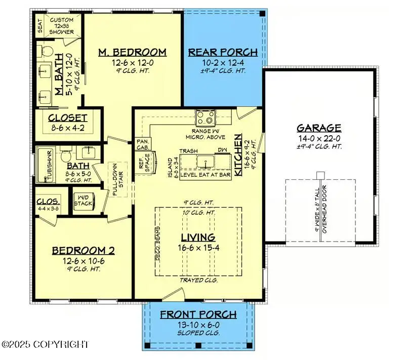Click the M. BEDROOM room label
click(x=132, y=52)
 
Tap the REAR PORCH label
click(x=223, y=52)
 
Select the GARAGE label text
click(x=319, y=128)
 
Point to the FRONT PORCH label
click(x=198, y=314)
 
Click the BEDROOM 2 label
click(x=84, y=250)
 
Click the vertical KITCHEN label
click(x=237, y=155)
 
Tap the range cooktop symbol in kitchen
click(x=206, y=118)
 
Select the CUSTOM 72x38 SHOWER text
click(x=62, y=26)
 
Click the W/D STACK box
click(x=83, y=202)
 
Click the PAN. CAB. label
click(x=142, y=144)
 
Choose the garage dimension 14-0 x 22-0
click(x=319, y=139)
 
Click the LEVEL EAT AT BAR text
click(x=206, y=174)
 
